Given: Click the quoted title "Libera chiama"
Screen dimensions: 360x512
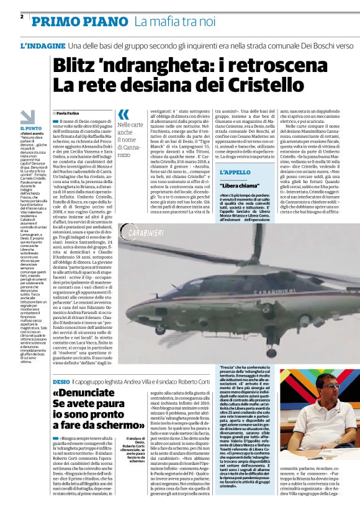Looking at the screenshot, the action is pos(240,186).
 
